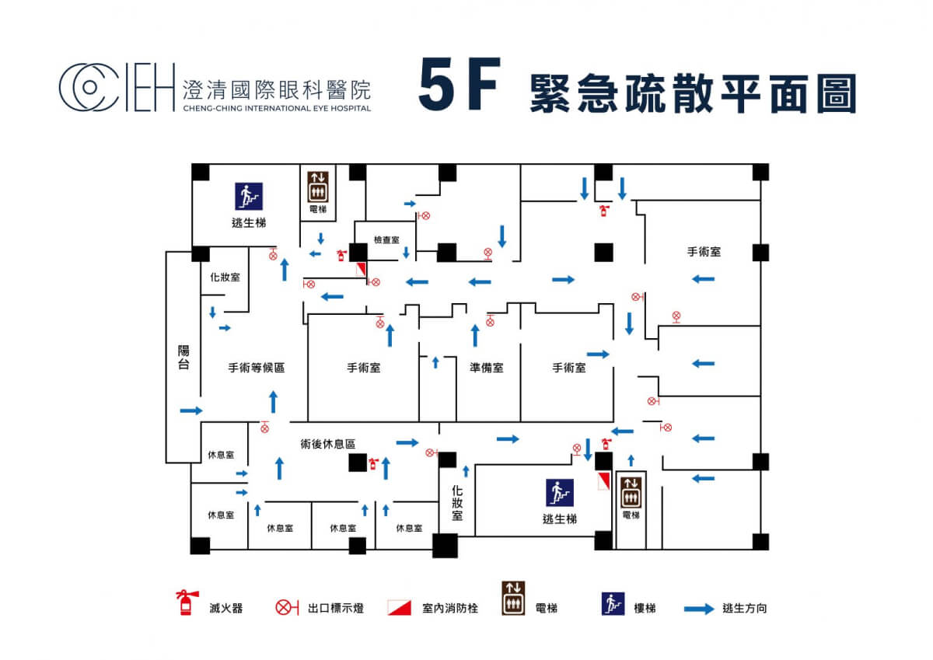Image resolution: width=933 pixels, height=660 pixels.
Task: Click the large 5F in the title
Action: click(x=458, y=86)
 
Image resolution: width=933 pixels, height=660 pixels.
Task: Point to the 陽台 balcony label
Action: click(x=183, y=358)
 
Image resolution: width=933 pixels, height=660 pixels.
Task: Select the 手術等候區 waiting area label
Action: click(x=256, y=368)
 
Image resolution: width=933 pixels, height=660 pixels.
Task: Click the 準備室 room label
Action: click(x=486, y=368)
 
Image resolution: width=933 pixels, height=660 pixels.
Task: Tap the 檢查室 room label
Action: click(x=386, y=240)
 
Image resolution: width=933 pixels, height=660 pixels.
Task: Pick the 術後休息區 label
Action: click(x=327, y=444)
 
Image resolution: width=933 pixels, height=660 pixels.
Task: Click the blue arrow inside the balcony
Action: click(x=190, y=410)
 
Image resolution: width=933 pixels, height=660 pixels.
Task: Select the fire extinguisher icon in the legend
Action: click(x=185, y=603)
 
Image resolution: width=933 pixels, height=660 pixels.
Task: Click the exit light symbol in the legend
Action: click(x=287, y=608)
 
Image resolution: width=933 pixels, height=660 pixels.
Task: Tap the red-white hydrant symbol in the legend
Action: click(x=399, y=608)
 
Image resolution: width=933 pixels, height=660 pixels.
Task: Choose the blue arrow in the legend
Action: click(x=697, y=609)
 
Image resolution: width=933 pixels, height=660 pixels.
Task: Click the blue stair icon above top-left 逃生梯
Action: click(x=250, y=196)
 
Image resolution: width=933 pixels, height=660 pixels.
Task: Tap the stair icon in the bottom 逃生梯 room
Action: click(x=559, y=493)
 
